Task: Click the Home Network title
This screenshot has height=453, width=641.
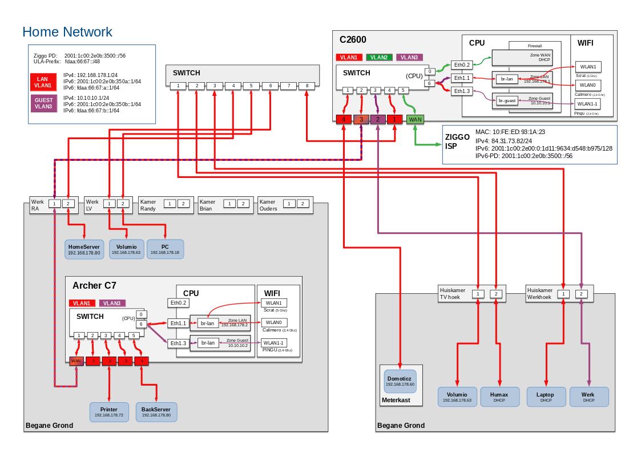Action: coord(67,32)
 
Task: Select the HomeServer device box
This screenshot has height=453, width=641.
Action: coord(84,249)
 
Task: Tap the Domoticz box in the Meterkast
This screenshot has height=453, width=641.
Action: coord(400,381)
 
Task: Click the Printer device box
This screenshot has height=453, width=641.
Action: coord(109,412)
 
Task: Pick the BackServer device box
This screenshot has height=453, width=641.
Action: coord(156,412)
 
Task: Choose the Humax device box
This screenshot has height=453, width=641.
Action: coord(500,397)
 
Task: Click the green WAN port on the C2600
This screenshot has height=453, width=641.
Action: coord(415,119)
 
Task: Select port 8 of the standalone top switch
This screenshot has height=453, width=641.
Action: coord(307,86)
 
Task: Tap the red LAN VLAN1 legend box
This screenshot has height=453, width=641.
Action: coord(42,82)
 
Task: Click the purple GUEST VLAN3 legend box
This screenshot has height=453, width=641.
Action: coord(42,103)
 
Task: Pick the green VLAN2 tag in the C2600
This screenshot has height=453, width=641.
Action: coord(378,57)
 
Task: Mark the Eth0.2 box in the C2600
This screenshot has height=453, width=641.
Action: coord(461,65)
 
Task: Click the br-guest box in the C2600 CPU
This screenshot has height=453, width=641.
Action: coord(507,100)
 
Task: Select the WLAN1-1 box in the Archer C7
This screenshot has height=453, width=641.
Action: coord(273,343)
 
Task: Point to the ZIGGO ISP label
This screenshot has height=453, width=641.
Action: coord(457,141)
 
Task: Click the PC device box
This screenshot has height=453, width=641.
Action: coord(166,249)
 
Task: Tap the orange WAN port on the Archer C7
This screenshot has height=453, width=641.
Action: coord(76,361)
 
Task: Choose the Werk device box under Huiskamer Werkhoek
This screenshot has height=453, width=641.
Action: coord(588,397)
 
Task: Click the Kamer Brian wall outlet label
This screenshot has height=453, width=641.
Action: coord(207,205)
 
